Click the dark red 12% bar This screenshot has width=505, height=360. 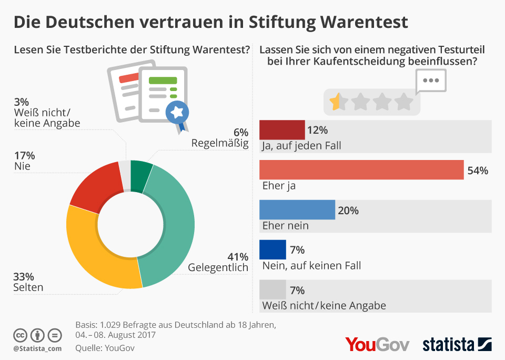click(x=282, y=129)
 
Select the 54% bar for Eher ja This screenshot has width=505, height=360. click(x=362, y=170)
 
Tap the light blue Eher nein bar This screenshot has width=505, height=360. click(x=297, y=210)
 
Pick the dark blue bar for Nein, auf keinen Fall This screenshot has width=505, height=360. click(x=273, y=249)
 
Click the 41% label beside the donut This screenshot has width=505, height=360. click(x=238, y=257)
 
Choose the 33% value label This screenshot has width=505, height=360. click(x=24, y=276)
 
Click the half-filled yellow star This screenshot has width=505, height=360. click(x=335, y=101)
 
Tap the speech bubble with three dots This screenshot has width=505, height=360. click(x=431, y=81)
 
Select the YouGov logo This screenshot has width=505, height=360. click(x=377, y=344)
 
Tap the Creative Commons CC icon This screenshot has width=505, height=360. click(x=21, y=335)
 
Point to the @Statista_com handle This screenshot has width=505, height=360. click(x=37, y=348)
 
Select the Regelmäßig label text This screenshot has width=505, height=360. click(x=220, y=143)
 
